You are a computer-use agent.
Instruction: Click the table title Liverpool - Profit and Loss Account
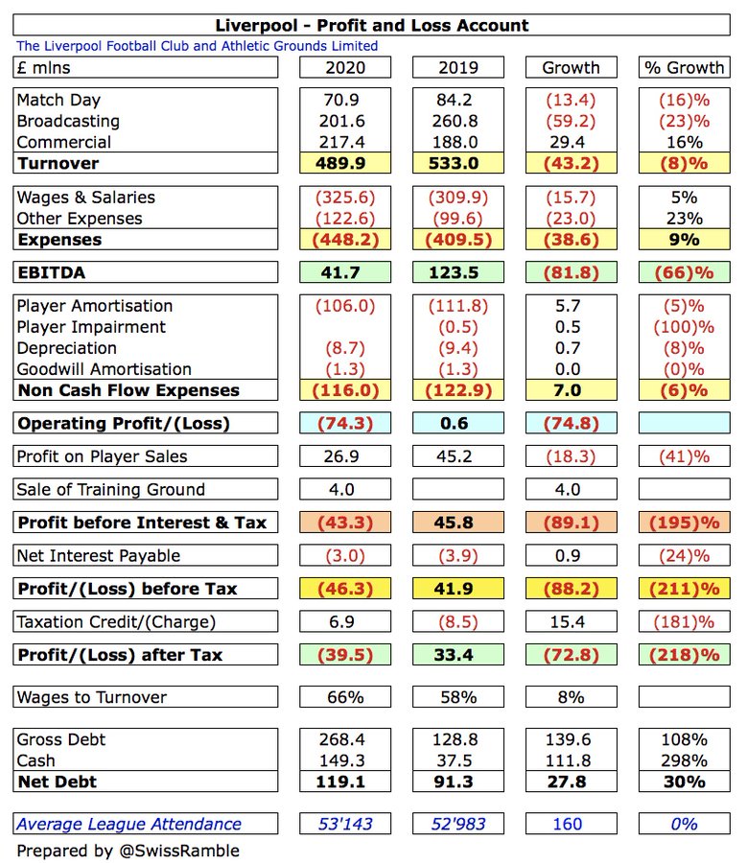click(374, 26)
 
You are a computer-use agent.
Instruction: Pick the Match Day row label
click(58, 100)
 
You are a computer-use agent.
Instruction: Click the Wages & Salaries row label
click(85, 197)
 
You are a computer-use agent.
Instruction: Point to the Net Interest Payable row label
click(98, 555)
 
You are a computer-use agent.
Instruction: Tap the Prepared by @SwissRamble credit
click(128, 851)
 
